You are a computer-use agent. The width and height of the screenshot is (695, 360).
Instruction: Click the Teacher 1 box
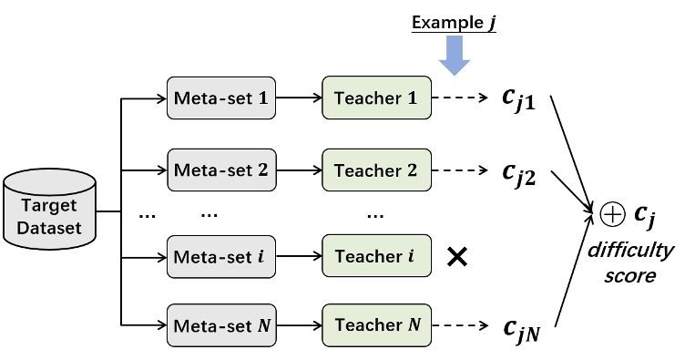point(374,97)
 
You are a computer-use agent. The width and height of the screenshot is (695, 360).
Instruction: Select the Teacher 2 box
point(374,170)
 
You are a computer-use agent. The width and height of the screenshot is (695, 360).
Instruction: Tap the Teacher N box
point(374,324)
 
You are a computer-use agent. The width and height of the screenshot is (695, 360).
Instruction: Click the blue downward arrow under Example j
point(453,58)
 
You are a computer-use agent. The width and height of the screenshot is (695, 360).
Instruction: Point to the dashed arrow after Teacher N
point(463,324)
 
